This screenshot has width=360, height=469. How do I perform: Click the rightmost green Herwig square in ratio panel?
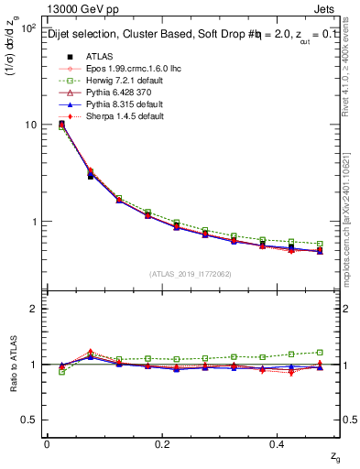(x=319, y=352)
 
